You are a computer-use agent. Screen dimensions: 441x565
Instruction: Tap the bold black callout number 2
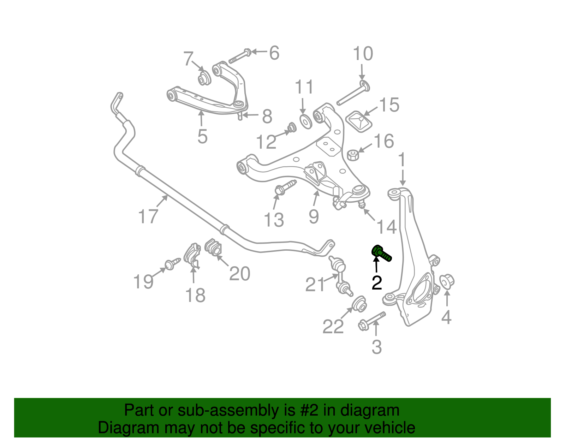(377, 283)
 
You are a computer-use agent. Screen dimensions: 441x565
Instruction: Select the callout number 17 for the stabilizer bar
(148, 216)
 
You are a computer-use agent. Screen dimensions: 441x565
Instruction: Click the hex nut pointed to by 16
(353, 155)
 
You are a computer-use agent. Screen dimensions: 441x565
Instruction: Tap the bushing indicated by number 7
(203, 78)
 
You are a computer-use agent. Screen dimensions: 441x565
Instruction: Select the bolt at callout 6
(240, 56)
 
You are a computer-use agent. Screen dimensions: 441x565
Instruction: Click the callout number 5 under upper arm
(202, 136)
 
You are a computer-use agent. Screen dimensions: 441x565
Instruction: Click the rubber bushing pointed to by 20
(213, 246)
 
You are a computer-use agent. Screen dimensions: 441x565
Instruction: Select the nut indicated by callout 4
(447, 281)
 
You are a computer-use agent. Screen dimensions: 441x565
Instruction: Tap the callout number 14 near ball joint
(387, 227)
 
